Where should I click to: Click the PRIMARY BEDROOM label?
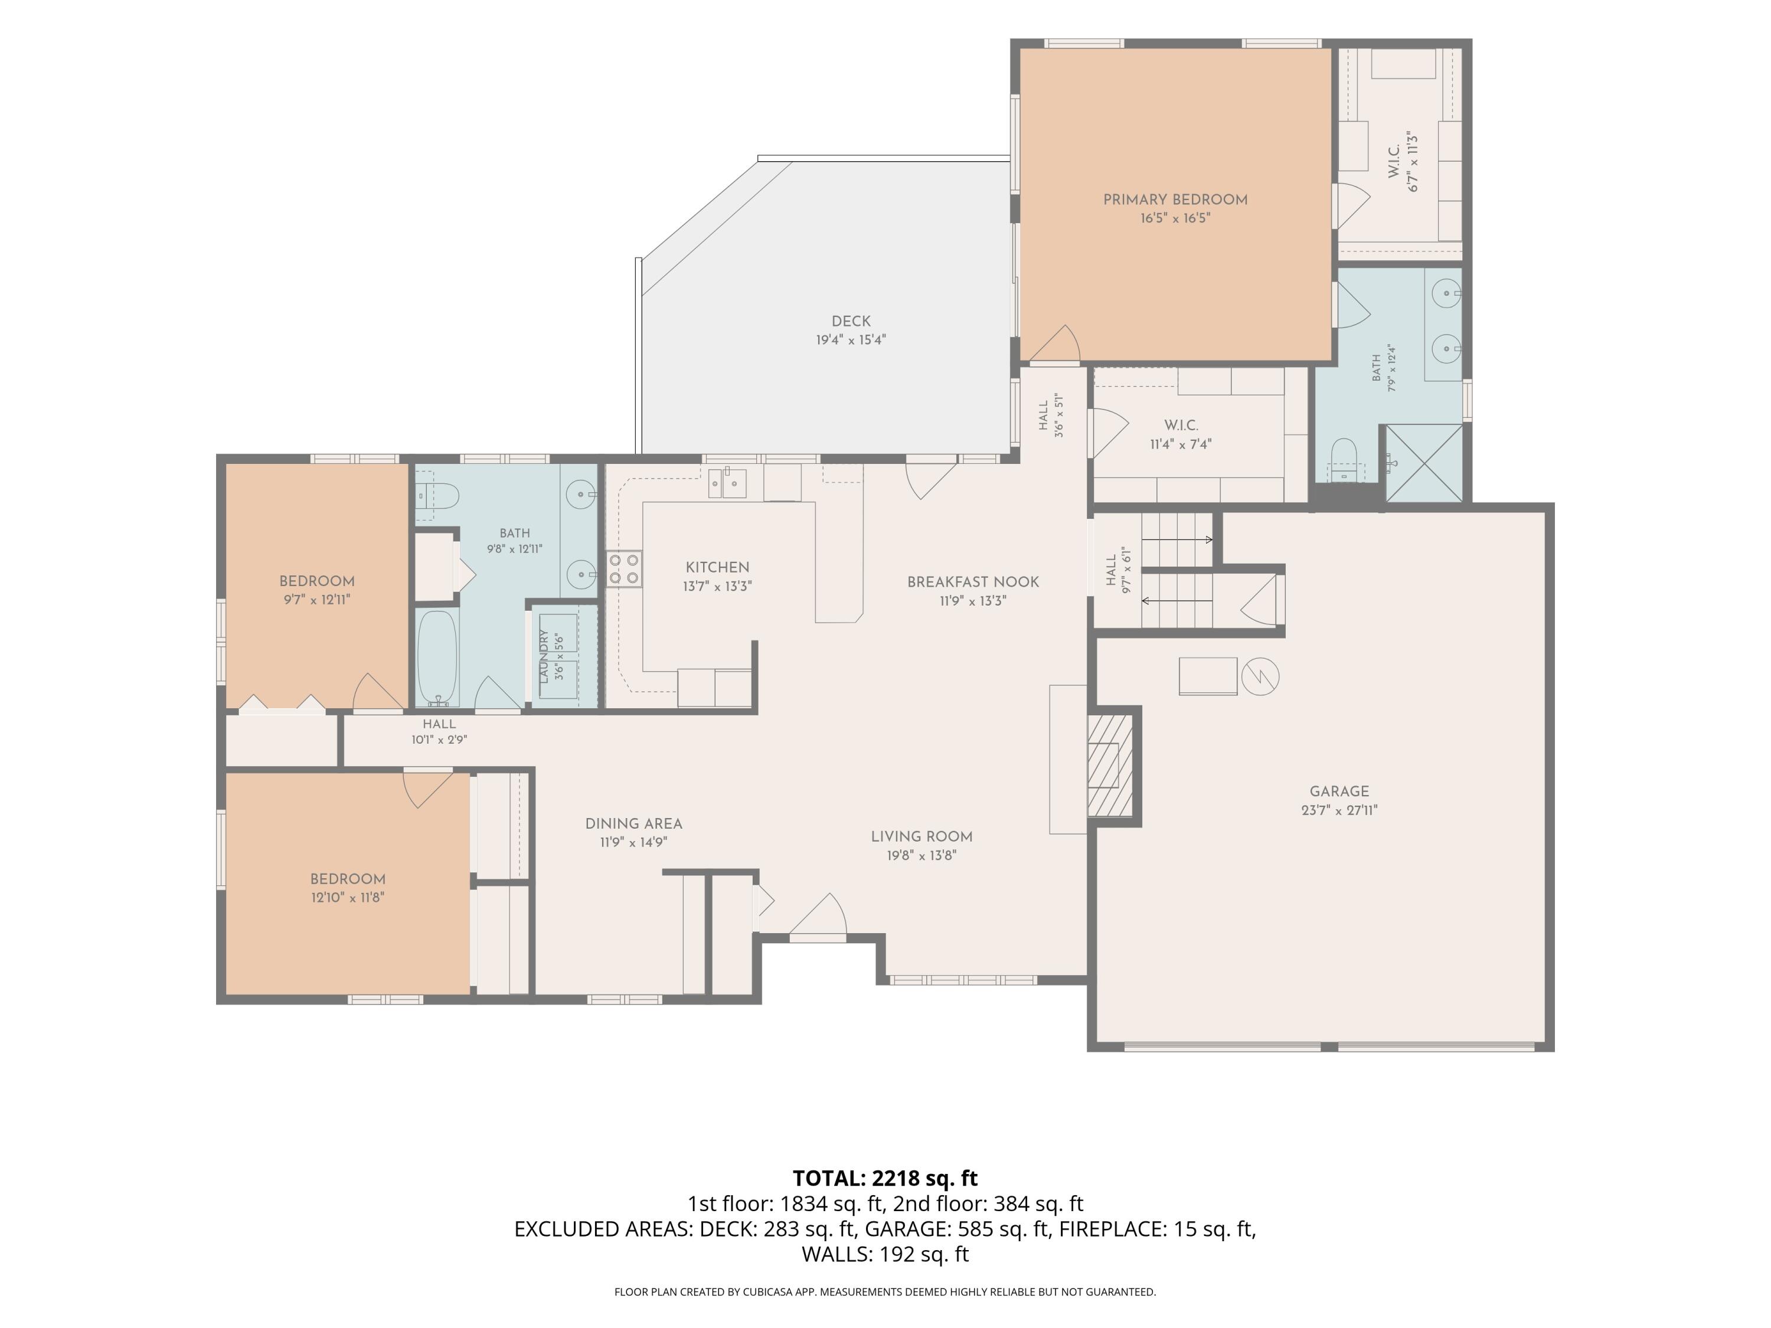tap(1175, 200)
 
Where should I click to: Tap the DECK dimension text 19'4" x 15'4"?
tap(851, 339)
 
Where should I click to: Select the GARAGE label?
tap(1339, 791)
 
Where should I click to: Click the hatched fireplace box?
tap(1110, 766)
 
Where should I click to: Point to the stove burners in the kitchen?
tap(624, 568)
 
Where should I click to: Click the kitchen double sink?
tap(727, 483)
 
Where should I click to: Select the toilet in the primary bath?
tap(1345, 460)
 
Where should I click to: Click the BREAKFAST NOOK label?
tap(973, 582)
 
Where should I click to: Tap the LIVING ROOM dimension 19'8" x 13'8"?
tap(922, 855)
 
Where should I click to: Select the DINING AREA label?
tap(633, 824)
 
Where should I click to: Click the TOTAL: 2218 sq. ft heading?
tap(885, 1178)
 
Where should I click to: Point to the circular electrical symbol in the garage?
tap(1260, 676)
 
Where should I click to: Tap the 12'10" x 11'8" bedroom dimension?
tap(348, 897)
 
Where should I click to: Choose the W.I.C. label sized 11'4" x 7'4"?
tap(1181, 425)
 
